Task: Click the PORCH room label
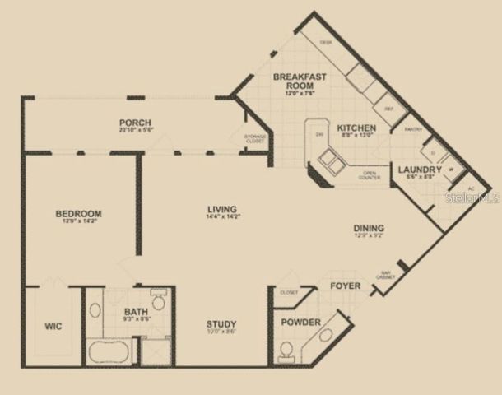[136, 123]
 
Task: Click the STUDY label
[221, 323]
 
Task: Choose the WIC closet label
[53, 326]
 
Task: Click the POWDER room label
[300, 323]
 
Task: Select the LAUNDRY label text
[420, 170]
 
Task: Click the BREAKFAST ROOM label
[300, 81]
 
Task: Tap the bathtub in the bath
[108, 351]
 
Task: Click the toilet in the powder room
[286, 352]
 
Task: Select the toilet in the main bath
[158, 300]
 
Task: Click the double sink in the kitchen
[333, 162]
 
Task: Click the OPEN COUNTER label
[369, 174]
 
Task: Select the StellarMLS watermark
[473, 197]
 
